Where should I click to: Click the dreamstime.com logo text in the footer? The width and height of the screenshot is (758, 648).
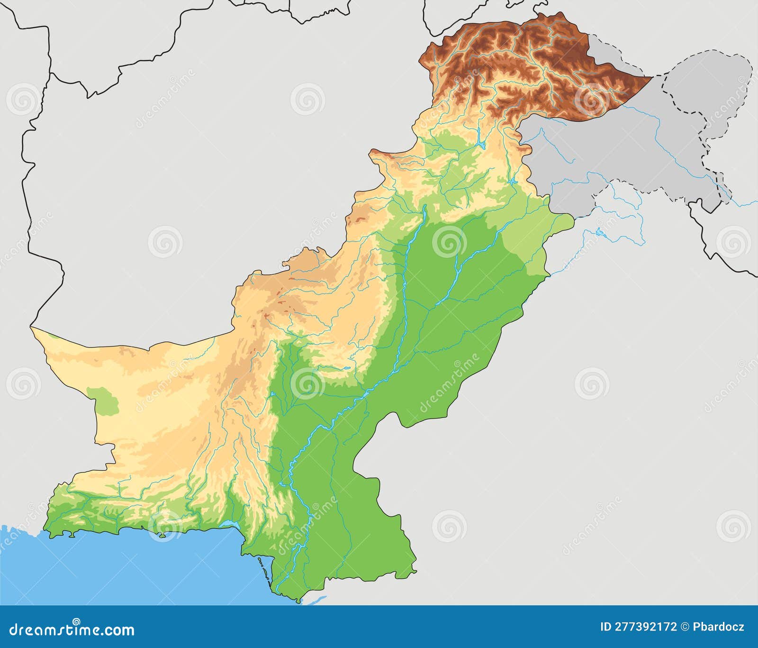72,630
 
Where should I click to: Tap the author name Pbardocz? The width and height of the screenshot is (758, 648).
719,627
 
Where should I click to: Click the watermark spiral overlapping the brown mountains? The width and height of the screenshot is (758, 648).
591,100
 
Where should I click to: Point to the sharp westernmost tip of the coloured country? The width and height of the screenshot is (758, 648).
32,328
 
